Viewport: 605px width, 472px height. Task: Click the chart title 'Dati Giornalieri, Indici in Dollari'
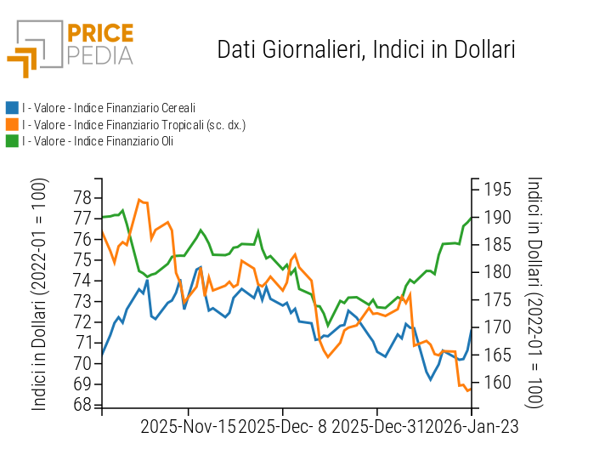(366, 49)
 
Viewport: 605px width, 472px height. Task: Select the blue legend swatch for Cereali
(12, 108)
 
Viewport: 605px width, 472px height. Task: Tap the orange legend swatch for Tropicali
(12, 125)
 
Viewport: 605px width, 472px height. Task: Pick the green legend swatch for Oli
(12, 141)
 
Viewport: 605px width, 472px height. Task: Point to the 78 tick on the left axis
(82, 198)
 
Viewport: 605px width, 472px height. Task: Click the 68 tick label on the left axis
(82, 405)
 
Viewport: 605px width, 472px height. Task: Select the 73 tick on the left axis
(82, 301)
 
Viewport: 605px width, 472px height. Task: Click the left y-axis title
(39, 294)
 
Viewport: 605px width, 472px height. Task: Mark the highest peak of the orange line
(139, 200)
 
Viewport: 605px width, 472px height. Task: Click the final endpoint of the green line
(472, 217)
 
